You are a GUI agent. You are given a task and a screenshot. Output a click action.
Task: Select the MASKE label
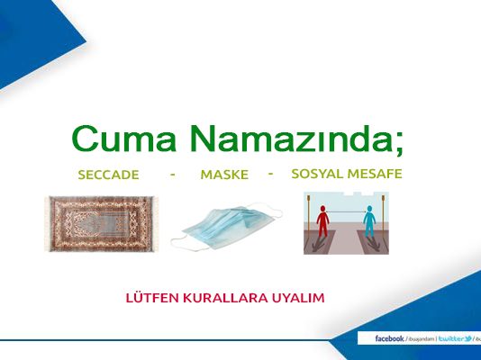(x=224, y=175)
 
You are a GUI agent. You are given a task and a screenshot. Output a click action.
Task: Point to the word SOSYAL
(x=317, y=173)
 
